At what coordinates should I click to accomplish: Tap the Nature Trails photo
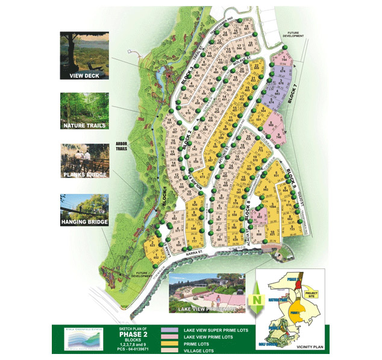pos(84,111)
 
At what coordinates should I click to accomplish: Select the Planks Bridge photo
pos(84,160)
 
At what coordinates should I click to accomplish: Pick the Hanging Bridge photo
pos(84,209)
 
